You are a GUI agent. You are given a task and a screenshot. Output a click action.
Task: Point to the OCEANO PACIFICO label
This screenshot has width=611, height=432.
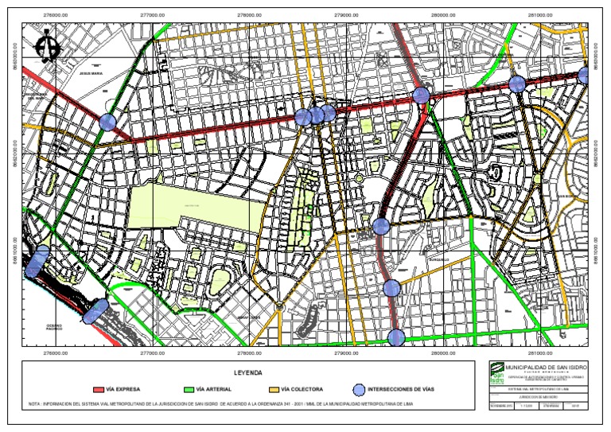click(x=54, y=328)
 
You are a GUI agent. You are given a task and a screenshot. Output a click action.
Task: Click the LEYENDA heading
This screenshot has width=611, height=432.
click(x=247, y=373)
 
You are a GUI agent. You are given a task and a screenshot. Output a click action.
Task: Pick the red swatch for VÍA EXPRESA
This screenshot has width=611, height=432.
click(x=99, y=390)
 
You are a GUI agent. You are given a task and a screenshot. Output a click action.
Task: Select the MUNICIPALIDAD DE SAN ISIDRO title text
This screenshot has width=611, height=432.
click(x=546, y=367)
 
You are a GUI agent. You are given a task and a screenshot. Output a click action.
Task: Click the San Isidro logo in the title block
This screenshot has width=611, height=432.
click(x=497, y=376)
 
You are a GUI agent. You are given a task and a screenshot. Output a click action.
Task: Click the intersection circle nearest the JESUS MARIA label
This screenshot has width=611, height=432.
click(x=107, y=122)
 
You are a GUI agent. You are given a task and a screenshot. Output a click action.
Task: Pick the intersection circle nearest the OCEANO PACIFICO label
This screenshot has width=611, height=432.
click(x=95, y=311)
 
